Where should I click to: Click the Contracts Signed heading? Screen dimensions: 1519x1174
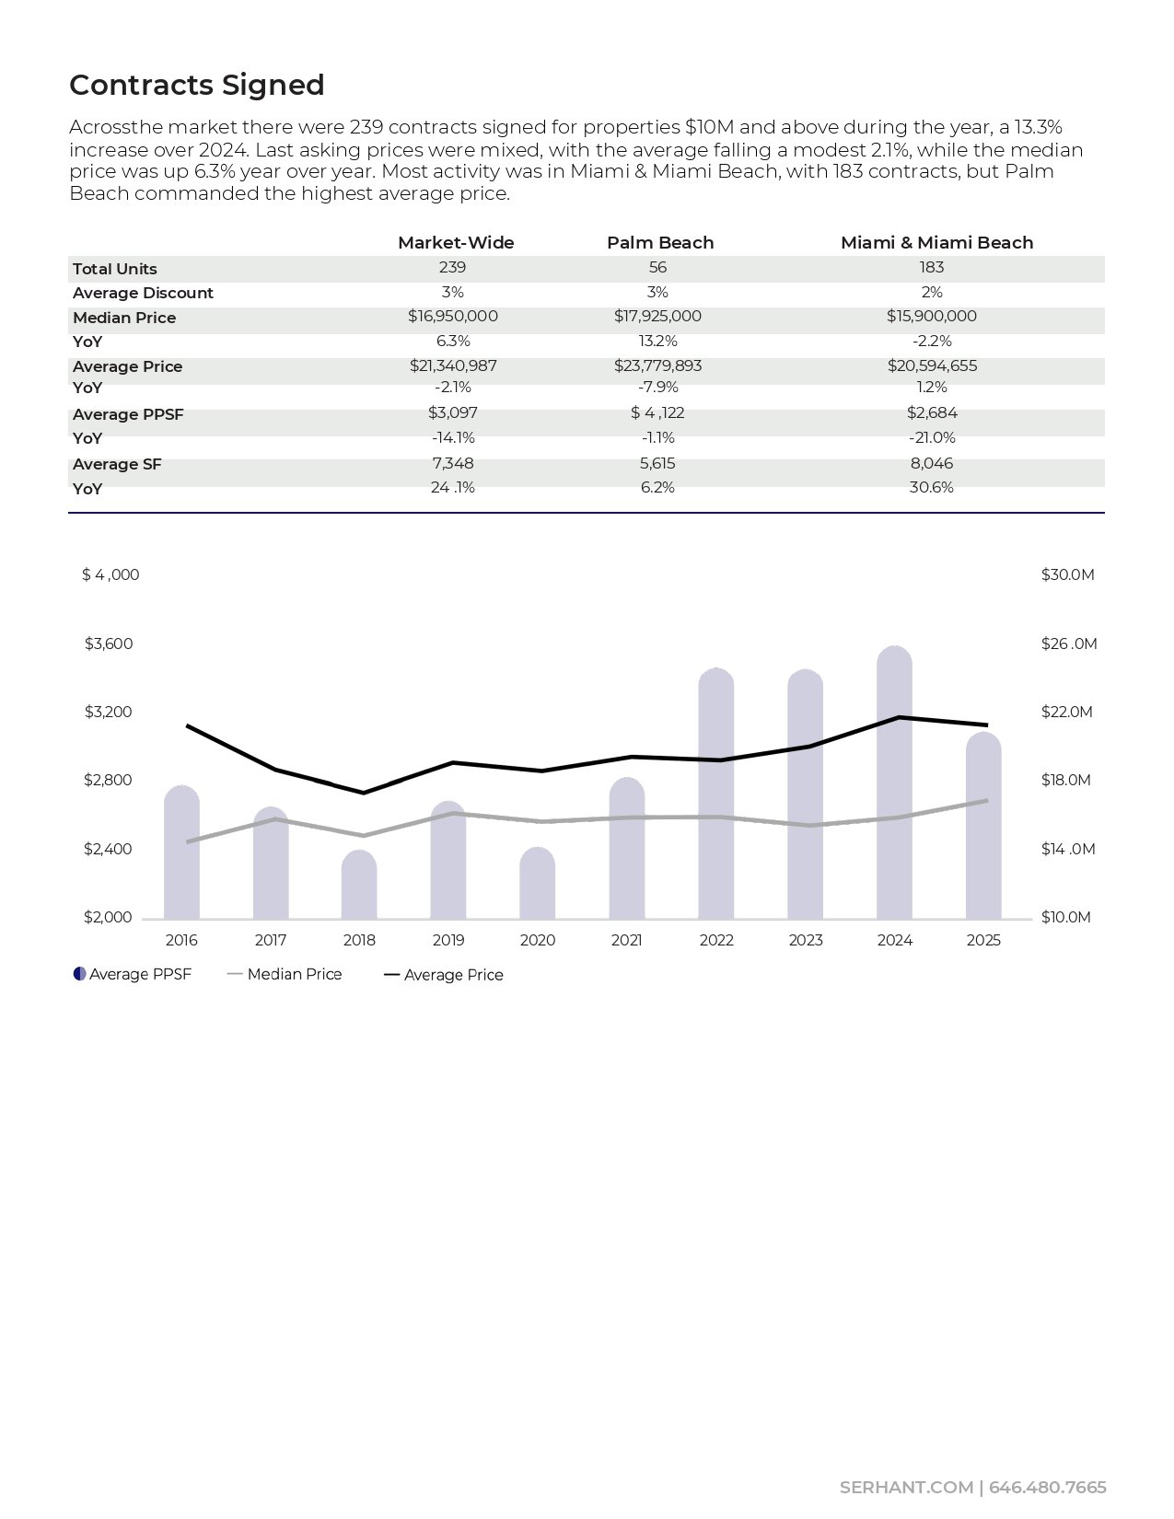(x=197, y=85)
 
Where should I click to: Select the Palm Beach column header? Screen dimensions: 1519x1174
(x=660, y=242)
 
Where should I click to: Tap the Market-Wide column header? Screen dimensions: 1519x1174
(x=456, y=242)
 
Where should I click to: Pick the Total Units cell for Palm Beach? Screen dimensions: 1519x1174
(x=657, y=267)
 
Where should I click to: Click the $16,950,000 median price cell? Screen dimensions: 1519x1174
(x=453, y=316)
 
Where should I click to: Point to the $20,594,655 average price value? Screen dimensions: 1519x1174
(x=932, y=365)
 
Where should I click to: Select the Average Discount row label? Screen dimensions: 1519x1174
(x=143, y=293)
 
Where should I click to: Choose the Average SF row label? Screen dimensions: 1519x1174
(x=117, y=464)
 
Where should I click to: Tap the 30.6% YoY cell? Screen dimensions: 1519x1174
(x=931, y=487)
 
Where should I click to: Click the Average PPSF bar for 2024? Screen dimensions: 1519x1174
(x=894, y=783)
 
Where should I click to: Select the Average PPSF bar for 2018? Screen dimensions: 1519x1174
(x=359, y=885)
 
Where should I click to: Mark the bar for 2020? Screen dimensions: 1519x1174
(x=538, y=884)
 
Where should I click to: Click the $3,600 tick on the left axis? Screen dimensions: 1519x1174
(x=109, y=644)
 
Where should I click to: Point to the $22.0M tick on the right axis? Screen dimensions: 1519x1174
(x=1066, y=712)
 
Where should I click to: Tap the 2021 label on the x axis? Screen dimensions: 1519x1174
(x=627, y=940)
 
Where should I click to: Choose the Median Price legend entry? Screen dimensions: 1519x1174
(x=294, y=974)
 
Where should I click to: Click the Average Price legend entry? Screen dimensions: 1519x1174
(x=453, y=975)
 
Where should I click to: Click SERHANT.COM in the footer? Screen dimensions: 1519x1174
(x=906, y=1488)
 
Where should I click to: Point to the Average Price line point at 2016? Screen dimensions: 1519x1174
(x=188, y=725)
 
